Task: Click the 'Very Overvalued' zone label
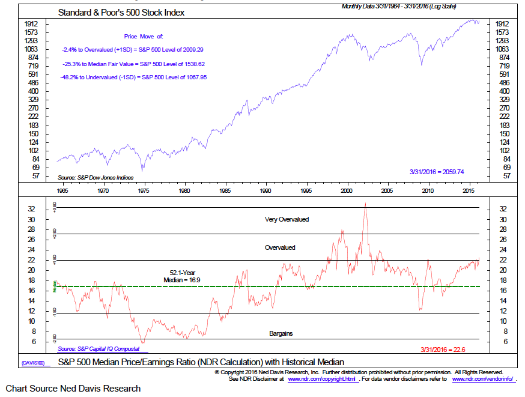tap(287, 219)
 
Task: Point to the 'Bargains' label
tap(281, 333)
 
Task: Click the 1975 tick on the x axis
tap(144, 190)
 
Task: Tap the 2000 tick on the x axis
tap(347, 190)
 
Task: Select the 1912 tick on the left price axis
tap(32, 23)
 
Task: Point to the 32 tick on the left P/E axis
tap(32, 208)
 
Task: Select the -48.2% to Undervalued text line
tap(133, 77)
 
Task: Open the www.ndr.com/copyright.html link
tap(323, 380)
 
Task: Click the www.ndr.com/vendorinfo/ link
tap(481, 380)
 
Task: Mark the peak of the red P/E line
tap(365, 204)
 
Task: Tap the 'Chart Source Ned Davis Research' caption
tap(73, 389)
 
